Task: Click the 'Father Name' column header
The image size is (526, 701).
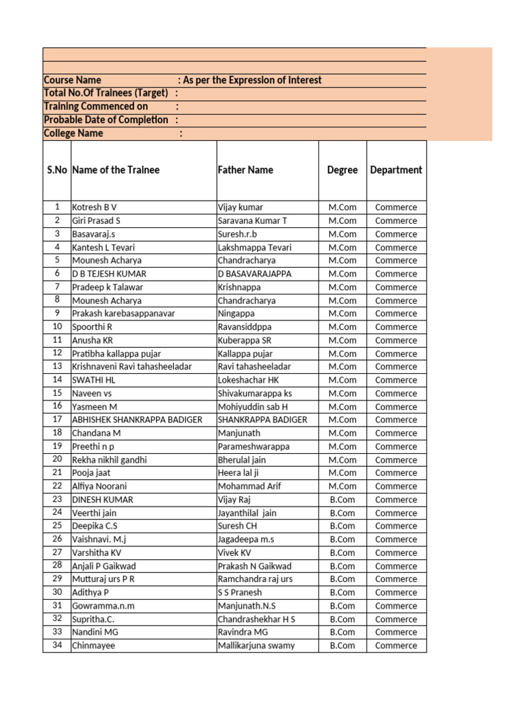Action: pyautogui.click(x=245, y=170)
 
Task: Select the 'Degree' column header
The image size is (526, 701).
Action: pyautogui.click(x=342, y=170)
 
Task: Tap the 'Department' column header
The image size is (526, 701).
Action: pyautogui.click(x=396, y=170)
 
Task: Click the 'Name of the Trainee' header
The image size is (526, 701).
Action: pyautogui.click(x=116, y=170)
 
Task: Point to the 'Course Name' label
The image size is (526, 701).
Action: pyautogui.click(x=72, y=80)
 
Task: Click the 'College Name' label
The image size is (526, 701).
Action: pyautogui.click(x=73, y=133)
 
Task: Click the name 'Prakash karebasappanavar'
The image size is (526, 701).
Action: pyautogui.click(x=123, y=314)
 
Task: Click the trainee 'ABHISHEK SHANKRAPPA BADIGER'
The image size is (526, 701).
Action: pyautogui.click(x=137, y=420)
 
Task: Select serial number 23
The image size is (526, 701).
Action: pyautogui.click(x=57, y=500)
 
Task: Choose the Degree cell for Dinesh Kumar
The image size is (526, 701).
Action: pyautogui.click(x=342, y=500)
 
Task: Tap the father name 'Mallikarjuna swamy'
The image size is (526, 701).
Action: pyautogui.click(x=256, y=646)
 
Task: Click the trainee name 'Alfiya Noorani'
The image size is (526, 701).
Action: pyautogui.click(x=100, y=486)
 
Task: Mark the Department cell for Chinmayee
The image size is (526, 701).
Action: pyautogui.click(x=396, y=646)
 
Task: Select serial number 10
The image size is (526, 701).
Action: pyautogui.click(x=57, y=327)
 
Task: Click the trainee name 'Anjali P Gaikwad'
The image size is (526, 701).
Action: pyautogui.click(x=104, y=566)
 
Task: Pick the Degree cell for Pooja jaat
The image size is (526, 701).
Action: pyautogui.click(x=342, y=473)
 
